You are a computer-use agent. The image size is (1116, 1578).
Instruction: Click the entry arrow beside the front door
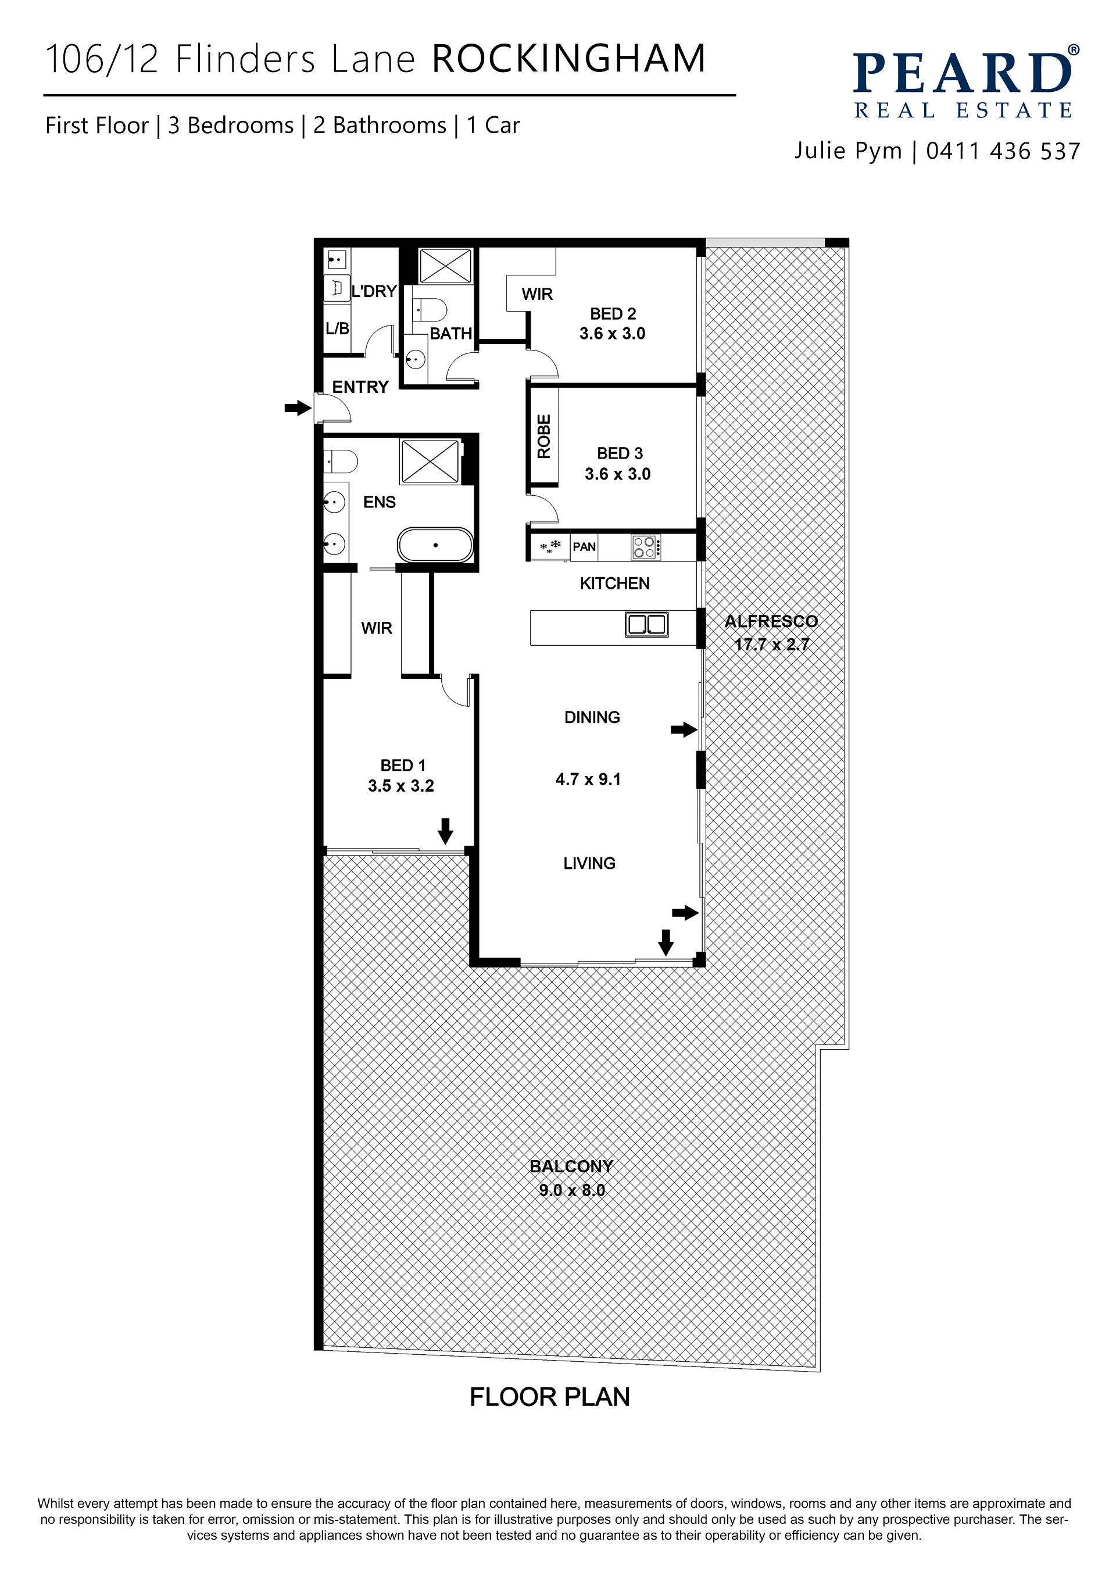(298, 408)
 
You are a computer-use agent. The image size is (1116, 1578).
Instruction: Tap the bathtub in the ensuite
(435, 546)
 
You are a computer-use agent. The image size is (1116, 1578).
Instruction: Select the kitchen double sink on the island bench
(646, 625)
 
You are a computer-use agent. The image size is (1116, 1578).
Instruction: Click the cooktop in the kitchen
(646, 547)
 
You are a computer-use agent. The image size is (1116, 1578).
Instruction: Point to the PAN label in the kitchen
(584, 547)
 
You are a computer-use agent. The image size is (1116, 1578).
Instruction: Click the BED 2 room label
(613, 314)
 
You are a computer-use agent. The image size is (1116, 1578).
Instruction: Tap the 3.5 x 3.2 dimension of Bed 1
(400, 786)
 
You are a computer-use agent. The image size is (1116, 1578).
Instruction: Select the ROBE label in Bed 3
(543, 436)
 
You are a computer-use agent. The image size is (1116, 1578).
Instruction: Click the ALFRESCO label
(771, 621)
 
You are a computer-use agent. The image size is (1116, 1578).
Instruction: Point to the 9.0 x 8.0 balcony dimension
(572, 1190)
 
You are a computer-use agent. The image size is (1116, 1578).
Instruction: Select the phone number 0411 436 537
(1003, 151)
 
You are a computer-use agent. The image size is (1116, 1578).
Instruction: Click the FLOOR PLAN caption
(550, 1397)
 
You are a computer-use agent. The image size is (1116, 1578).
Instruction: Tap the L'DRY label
(374, 291)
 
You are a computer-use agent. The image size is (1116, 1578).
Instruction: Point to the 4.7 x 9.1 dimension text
(588, 779)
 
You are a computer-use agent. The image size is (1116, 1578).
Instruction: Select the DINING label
(592, 718)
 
